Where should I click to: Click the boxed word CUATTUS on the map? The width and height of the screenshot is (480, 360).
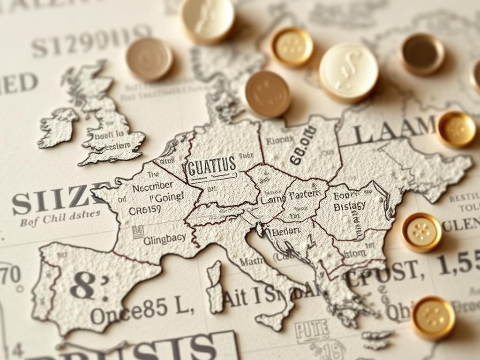(x=212, y=165)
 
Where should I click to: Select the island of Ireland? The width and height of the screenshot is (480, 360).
(x=58, y=127)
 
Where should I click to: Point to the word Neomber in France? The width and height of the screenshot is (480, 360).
(x=152, y=186)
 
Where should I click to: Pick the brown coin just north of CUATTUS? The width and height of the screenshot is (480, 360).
(x=267, y=93)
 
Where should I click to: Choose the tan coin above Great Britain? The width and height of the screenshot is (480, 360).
(x=149, y=60)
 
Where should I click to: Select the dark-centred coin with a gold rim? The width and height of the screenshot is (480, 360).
(x=422, y=54)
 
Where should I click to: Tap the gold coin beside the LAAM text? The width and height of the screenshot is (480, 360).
(x=456, y=129)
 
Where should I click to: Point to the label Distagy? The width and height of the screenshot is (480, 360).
(x=349, y=206)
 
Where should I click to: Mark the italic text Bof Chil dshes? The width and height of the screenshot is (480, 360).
(x=60, y=218)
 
